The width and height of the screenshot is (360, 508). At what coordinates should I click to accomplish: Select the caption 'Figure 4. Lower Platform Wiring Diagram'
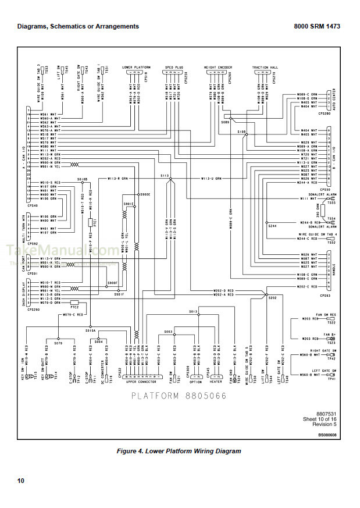point(179,451)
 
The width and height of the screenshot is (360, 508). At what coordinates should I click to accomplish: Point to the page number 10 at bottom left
point(21,481)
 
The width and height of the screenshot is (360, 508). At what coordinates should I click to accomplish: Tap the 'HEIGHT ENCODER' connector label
point(218,68)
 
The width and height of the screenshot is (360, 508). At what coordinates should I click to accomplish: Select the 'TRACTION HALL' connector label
point(265,68)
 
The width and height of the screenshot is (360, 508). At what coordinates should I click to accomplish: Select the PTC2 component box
point(74,303)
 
